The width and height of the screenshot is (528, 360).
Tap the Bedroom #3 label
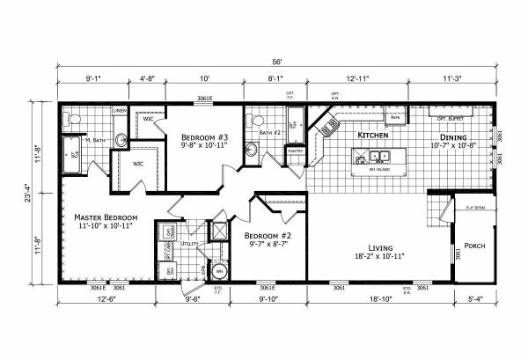(x=204, y=138)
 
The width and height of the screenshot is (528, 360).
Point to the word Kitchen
(x=373, y=136)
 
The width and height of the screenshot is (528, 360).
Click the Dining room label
(x=458, y=136)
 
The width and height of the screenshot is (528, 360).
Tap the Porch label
(x=475, y=245)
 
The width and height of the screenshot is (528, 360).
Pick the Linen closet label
(x=121, y=111)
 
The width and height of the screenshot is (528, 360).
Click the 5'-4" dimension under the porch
(x=475, y=298)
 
